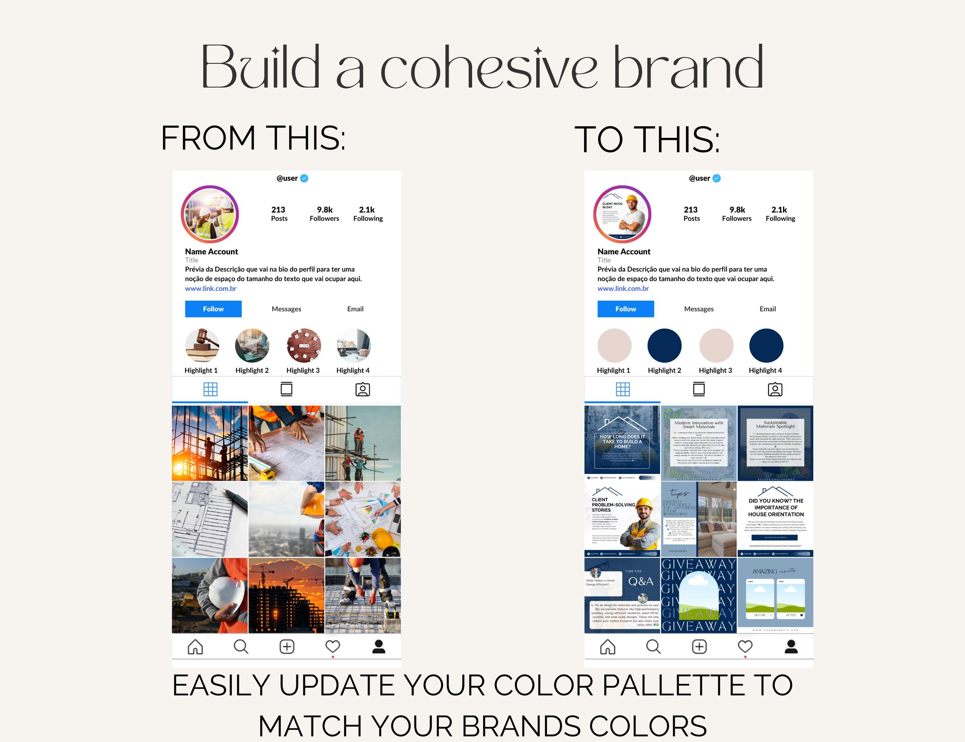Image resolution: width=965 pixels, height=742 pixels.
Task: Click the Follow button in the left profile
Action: point(213,309)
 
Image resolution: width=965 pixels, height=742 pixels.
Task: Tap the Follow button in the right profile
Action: point(625,309)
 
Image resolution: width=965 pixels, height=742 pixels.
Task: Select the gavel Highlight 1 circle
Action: point(202,345)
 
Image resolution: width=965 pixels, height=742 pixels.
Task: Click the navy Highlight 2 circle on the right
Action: point(664,345)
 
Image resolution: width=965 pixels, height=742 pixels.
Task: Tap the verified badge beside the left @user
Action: point(304,179)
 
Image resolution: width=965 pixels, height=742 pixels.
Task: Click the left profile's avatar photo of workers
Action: point(210,214)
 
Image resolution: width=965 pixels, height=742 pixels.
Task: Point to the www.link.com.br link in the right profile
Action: point(623,289)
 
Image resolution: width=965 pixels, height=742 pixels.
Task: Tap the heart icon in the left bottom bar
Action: point(333,646)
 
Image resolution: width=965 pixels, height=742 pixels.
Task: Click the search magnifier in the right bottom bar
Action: point(653,646)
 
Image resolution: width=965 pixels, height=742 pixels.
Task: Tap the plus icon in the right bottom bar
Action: point(699,646)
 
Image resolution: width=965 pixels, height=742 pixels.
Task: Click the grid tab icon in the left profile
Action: point(210,389)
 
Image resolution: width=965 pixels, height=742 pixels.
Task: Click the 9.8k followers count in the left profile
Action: point(325,214)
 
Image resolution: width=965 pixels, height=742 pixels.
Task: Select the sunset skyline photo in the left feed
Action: point(286,595)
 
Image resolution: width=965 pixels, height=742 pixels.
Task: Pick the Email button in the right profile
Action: point(767,309)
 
